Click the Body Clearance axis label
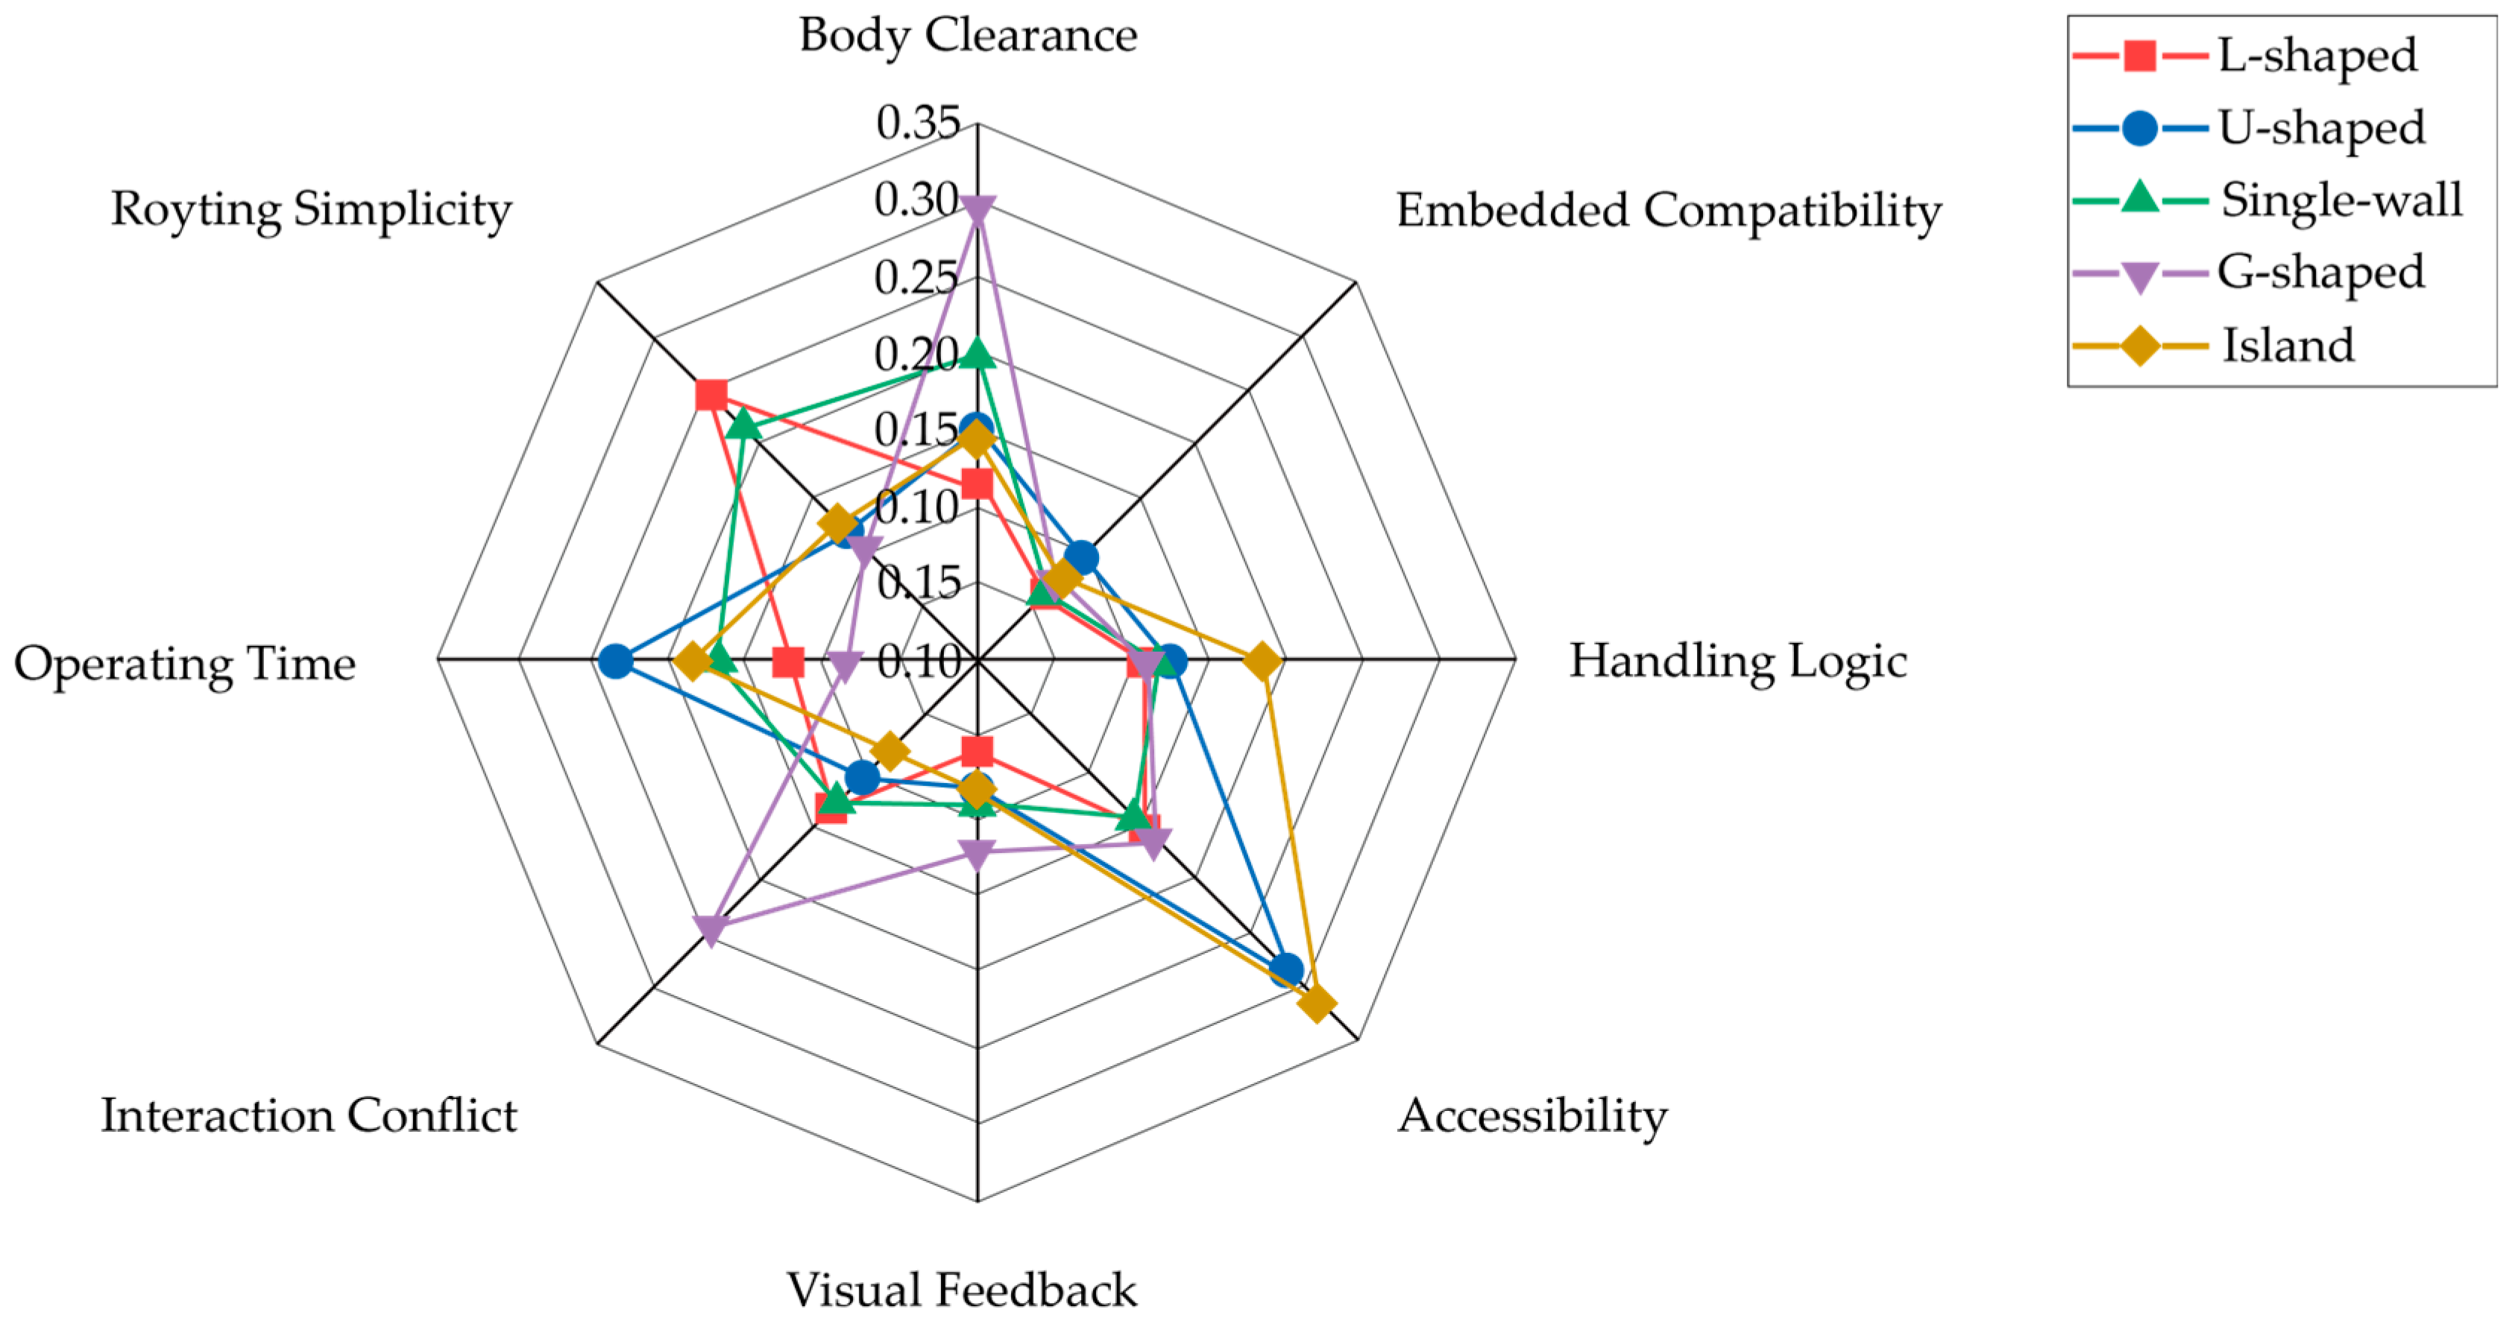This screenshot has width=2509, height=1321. pyautogui.click(x=968, y=36)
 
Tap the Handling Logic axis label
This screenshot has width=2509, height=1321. pyautogui.click(x=1737, y=661)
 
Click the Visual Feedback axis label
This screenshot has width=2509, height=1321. pyautogui.click(x=961, y=1290)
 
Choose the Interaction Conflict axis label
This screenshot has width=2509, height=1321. pyautogui.click(x=309, y=1115)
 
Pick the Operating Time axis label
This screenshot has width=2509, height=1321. pyautogui.click(x=185, y=664)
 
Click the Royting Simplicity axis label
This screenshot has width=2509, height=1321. pyautogui.click(x=311, y=209)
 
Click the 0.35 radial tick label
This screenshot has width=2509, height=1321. pyautogui.click(x=919, y=123)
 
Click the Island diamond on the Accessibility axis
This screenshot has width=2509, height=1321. pyautogui.click(x=1316, y=1004)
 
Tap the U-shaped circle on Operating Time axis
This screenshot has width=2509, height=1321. pyautogui.click(x=614, y=661)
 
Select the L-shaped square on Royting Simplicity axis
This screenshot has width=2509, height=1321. pyautogui.click(x=711, y=395)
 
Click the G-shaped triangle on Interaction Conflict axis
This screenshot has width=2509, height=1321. pyautogui.click(x=711, y=931)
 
